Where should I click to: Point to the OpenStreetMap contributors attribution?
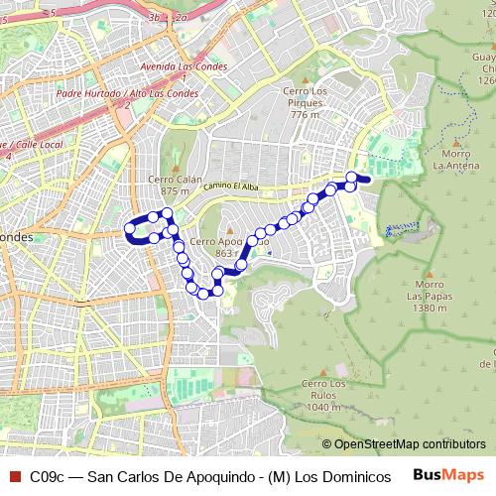point(409,444)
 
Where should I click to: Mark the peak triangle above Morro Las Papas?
point(429,274)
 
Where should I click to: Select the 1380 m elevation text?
point(429,309)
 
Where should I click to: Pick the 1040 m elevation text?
point(323,407)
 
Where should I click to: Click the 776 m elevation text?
point(306,114)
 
